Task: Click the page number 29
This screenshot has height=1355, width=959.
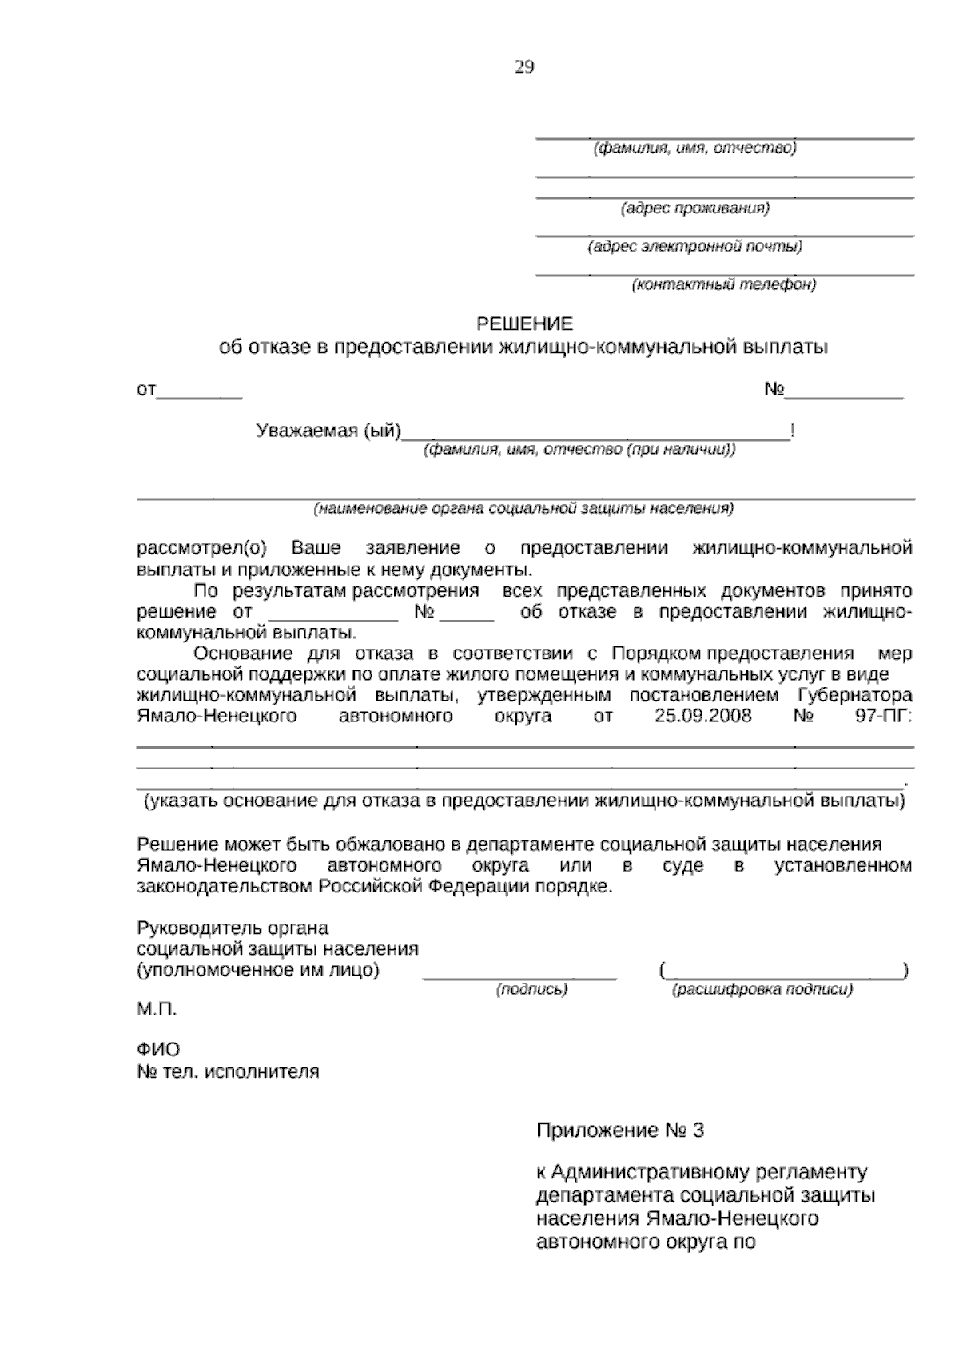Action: point(524,67)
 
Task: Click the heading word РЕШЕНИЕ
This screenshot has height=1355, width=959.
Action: point(524,324)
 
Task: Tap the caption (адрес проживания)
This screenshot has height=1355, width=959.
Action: point(695,209)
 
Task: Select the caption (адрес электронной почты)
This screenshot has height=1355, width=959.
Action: point(694,246)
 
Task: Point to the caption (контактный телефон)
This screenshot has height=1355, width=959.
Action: point(724,284)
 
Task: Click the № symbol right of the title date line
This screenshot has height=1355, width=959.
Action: point(774,390)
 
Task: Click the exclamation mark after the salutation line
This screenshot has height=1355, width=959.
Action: point(792,431)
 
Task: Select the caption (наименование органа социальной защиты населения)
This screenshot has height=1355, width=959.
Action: point(523,508)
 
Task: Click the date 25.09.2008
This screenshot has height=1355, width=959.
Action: point(702,715)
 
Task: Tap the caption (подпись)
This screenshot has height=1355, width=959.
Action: point(531,989)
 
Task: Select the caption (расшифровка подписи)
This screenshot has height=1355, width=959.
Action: point(762,989)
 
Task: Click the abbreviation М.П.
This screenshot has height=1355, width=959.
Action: point(157,1009)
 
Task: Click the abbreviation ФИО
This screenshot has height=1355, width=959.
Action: point(158,1049)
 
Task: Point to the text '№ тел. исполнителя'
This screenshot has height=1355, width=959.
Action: point(229,1071)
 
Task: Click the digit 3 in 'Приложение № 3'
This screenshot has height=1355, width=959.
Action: point(699,1130)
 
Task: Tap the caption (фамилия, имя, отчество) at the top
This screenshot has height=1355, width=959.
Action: point(694,148)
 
